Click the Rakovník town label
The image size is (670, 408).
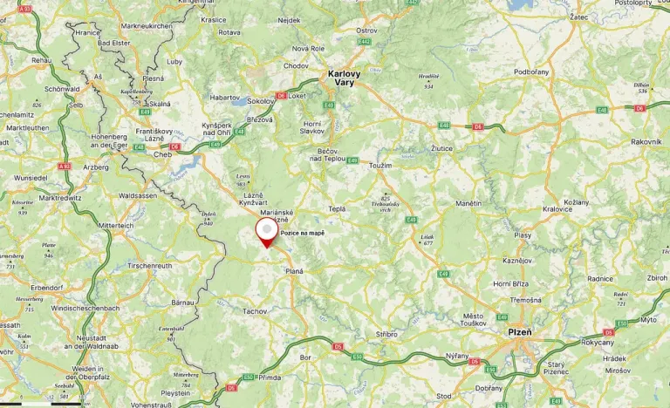(646, 141)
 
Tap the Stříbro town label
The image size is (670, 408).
(386, 334)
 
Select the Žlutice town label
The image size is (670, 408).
(442, 149)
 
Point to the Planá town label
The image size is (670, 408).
(294, 271)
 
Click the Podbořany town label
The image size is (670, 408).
(532, 71)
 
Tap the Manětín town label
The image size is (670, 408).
(468, 203)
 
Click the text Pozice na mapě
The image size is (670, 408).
(302, 233)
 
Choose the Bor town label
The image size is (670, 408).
(304, 357)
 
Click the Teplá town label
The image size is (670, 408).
(337, 209)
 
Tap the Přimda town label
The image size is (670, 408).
(270, 377)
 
